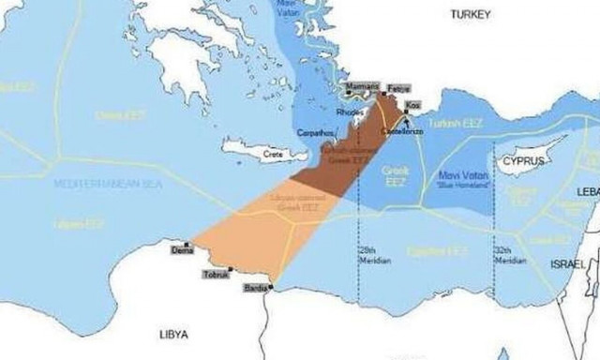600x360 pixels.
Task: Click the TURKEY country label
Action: [x=471, y=14]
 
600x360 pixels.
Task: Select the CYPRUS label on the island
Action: [x=523, y=160]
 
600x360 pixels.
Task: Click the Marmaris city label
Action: [x=362, y=86]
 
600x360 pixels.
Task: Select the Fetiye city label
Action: [x=397, y=86]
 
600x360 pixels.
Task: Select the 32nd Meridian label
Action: [x=510, y=257]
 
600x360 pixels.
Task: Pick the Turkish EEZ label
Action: [x=453, y=124]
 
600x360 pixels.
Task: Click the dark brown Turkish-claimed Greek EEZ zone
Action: [x=342, y=159]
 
